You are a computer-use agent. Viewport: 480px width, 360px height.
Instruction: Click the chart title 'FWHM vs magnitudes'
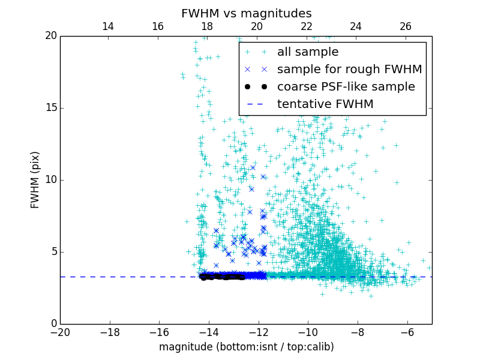(246, 13)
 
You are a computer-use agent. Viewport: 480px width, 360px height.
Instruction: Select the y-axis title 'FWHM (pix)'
(35, 180)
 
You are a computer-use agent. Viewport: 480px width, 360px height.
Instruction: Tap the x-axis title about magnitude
(246, 347)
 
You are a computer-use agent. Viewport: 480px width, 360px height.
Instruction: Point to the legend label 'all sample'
(307, 52)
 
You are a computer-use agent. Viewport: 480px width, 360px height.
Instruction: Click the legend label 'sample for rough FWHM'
(349, 70)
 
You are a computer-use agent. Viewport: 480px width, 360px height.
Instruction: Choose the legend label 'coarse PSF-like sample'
(346, 87)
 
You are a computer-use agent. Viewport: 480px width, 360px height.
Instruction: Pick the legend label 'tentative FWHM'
(325, 104)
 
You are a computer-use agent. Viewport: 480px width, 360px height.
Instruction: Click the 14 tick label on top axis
(108, 26)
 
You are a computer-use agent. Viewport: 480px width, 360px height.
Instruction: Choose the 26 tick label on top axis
(406, 26)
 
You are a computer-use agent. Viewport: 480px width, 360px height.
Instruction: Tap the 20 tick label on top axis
(257, 26)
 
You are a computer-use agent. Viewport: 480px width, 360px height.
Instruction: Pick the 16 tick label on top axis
(158, 26)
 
